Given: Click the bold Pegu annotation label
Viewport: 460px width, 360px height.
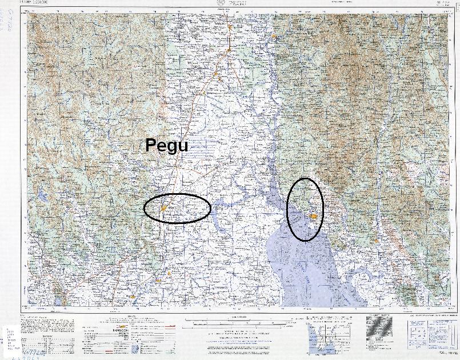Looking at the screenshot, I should point(166,145).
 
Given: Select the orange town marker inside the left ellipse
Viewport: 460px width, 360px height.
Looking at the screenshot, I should point(163,209).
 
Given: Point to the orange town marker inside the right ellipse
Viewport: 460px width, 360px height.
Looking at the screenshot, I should point(314,216).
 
